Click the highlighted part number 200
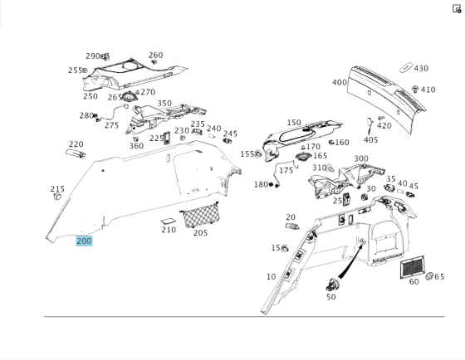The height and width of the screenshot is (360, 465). pos(84,241)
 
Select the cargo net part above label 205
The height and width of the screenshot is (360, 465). pos(200,215)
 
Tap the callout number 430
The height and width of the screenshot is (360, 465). pos(421,69)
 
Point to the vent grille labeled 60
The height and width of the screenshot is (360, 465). pos(412,267)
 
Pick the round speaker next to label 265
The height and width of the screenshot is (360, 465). pos(130,97)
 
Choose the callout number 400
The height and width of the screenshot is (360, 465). pos(340,82)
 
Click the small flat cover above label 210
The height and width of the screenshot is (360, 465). pos(168,221)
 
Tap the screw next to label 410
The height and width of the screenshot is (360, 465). pos(415,89)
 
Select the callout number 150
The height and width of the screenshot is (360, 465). pos(294,123)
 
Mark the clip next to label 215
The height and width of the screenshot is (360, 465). pos(57,196)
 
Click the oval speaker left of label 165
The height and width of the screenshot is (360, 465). pos(303,156)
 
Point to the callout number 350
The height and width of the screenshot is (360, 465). pos(164,103)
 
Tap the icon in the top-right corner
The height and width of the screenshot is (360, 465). pos(457,8)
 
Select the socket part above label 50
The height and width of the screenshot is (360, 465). pos(333,285)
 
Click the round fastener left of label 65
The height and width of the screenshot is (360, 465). pos(429,276)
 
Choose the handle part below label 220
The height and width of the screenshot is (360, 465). pos(76,153)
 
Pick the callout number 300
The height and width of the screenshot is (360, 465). pos(361,158)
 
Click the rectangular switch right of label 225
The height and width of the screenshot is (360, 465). pos(167,138)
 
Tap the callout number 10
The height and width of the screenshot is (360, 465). pos(271,277)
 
